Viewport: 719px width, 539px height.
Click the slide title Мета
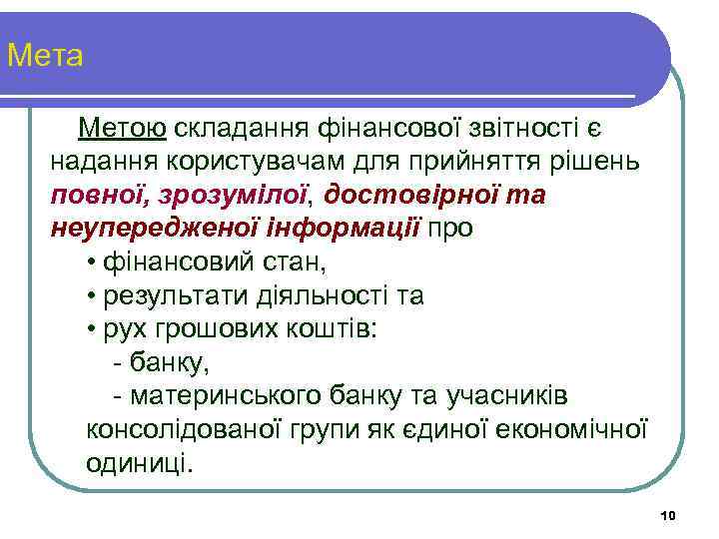(45, 56)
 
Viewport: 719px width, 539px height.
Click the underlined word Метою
(122, 128)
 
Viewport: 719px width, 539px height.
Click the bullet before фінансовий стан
(91, 264)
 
